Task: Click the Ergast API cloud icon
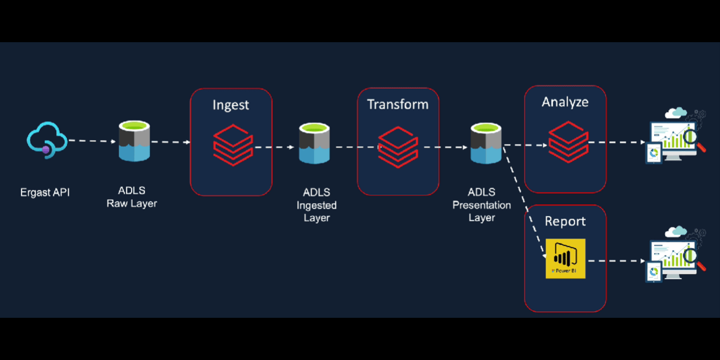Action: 47,140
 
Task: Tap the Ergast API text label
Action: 45,193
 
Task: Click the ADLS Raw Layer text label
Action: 132,197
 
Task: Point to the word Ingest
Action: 231,105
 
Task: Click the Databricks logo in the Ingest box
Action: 232,143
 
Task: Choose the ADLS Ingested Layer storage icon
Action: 315,144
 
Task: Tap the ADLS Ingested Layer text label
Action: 317,205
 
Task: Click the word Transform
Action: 398,105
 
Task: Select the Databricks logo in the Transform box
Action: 398,146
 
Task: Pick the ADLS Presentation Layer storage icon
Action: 486,144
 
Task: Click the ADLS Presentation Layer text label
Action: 481,205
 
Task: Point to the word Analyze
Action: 565,102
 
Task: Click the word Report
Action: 565,222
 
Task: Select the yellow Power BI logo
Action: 565,259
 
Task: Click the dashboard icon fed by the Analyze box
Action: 674,136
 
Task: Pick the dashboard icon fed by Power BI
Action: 674,254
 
